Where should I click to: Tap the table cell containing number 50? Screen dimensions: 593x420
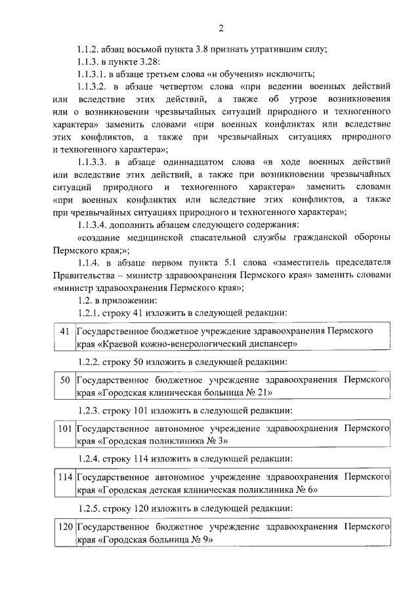pyautogui.click(x=64, y=385)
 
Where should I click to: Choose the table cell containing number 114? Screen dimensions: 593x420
pyautogui.click(x=64, y=482)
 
